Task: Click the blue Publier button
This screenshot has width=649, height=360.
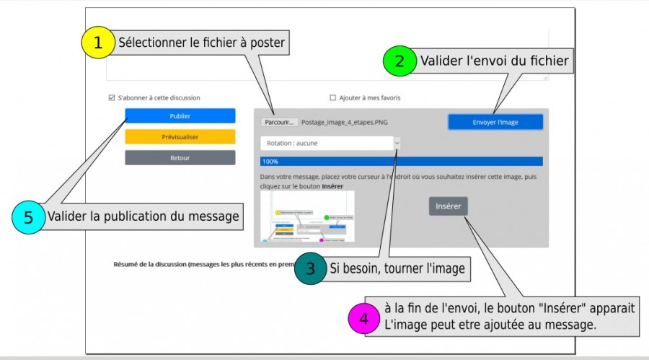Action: pyautogui.click(x=180, y=115)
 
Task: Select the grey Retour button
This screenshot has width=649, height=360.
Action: pyautogui.click(x=180, y=157)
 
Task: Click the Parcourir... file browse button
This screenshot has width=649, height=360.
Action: pyautogui.click(x=279, y=122)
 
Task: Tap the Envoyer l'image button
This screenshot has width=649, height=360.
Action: pyautogui.click(x=495, y=122)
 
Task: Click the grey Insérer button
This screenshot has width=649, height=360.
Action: pyautogui.click(x=448, y=206)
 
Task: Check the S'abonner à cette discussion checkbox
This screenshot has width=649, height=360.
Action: pyautogui.click(x=111, y=97)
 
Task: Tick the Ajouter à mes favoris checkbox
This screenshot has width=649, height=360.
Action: pyautogui.click(x=332, y=97)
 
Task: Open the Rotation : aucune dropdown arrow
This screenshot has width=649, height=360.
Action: pyautogui.click(x=397, y=143)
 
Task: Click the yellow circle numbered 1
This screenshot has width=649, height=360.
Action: pyautogui.click(x=98, y=43)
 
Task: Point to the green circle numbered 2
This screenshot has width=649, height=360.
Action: pyautogui.click(x=397, y=61)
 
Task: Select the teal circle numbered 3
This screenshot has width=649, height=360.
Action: pyautogui.click(x=310, y=270)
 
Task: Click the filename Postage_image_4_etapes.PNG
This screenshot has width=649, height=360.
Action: pyautogui.click(x=344, y=123)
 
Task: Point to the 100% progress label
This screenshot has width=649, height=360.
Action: pyautogui.click(x=270, y=162)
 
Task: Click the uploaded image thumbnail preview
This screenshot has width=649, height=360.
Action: pyautogui.click(x=308, y=216)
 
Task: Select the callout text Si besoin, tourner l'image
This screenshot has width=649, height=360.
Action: pyautogui.click(x=397, y=270)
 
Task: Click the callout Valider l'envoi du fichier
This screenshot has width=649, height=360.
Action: pyautogui.click(x=494, y=61)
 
